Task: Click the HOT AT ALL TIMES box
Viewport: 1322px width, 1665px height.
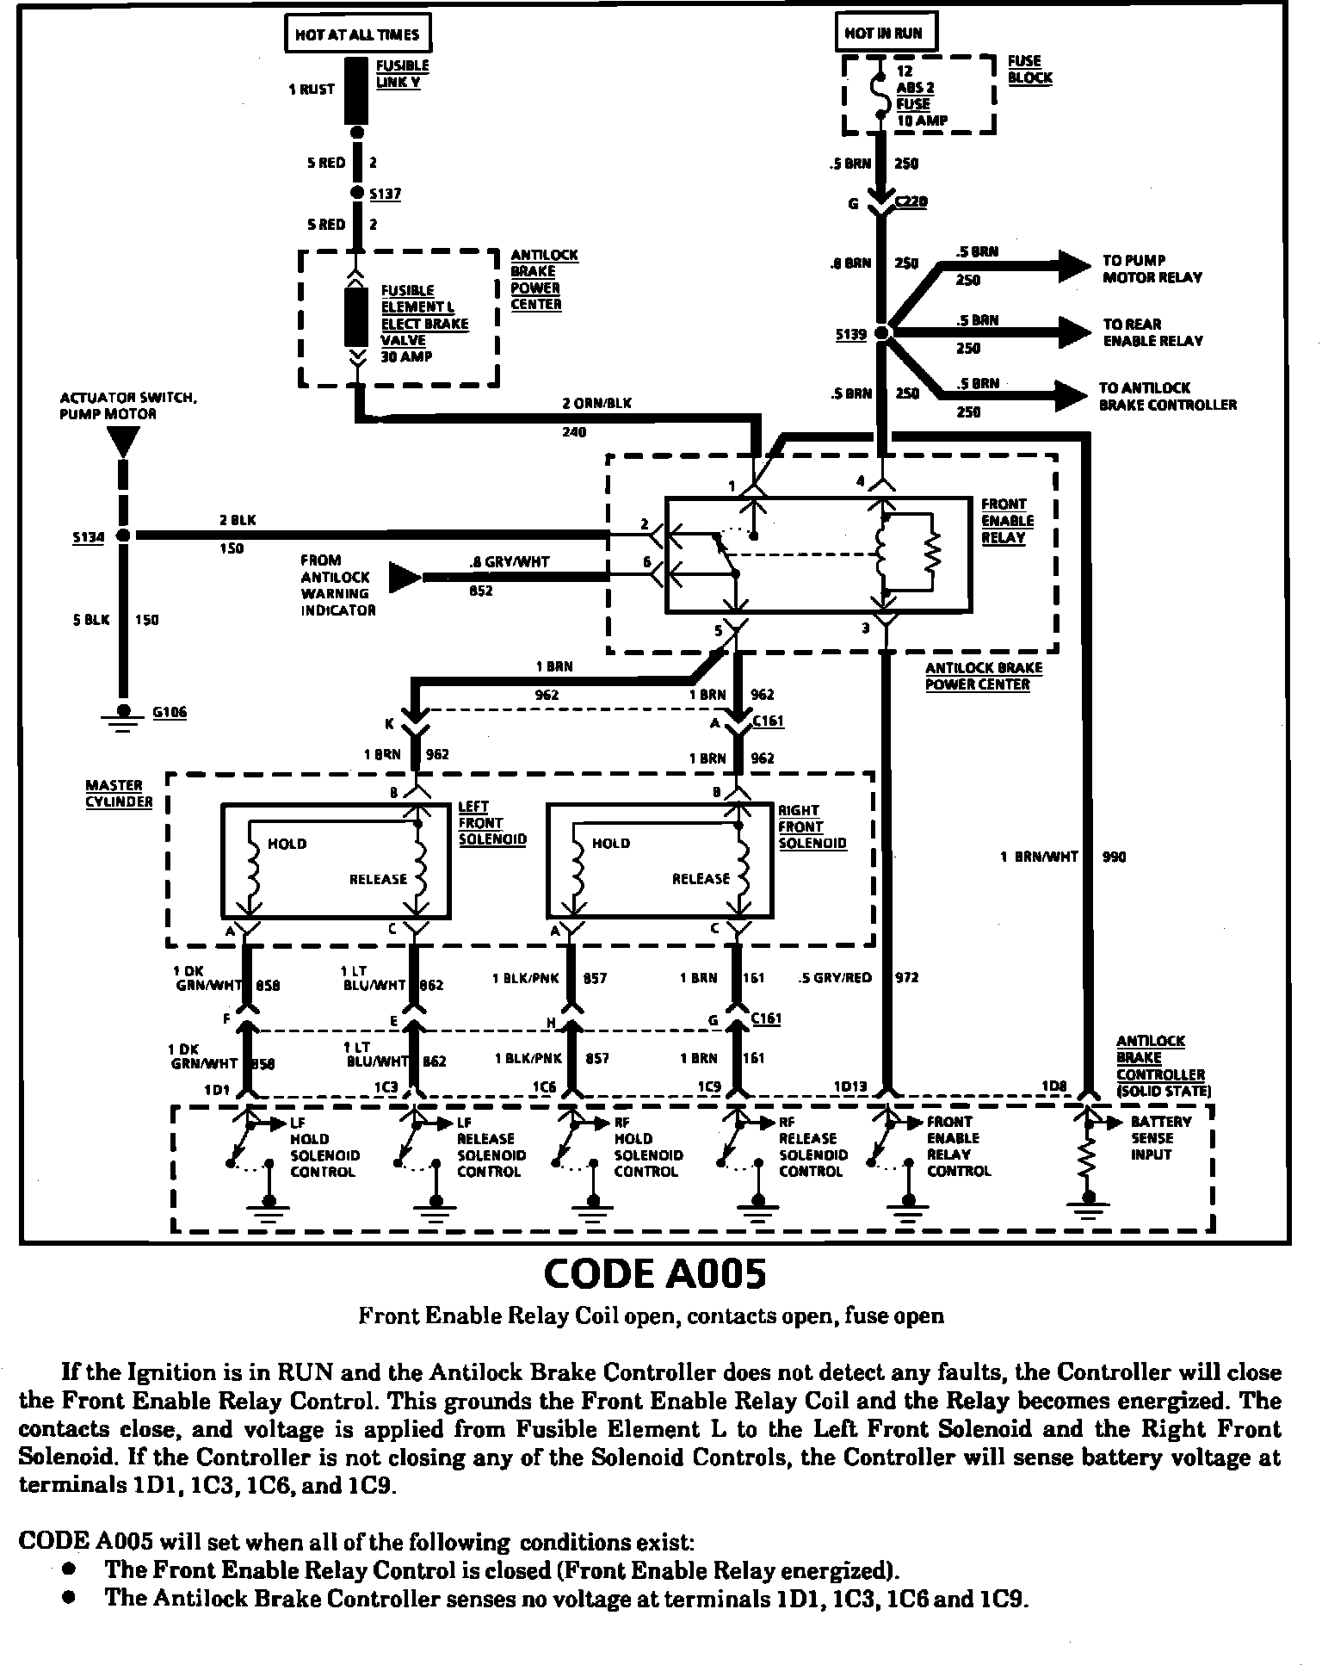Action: pyautogui.click(x=356, y=34)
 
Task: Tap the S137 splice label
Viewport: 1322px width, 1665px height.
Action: pyautogui.click(x=385, y=195)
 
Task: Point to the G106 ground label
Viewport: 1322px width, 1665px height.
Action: pyautogui.click(x=169, y=712)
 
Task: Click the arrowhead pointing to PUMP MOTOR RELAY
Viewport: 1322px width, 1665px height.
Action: pyautogui.click(x=1075, y=265)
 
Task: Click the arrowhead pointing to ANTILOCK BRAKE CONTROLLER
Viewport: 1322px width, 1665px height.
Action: pyautogui.click(x=1073, y=396)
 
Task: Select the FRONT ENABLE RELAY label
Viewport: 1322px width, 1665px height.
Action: pyautogui.click(x=1007, y=521)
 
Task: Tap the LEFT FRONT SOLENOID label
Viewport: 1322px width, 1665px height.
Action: pyautogui.click(x=491, y=823)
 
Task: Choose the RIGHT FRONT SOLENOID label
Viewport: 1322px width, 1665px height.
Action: pyautogui.click(x=812, y=826)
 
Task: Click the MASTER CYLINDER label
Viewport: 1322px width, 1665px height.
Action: pyautogui.click(x=119, y=794)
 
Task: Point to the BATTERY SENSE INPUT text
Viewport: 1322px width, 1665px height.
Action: pyautogui.click(x=1160, y=1137)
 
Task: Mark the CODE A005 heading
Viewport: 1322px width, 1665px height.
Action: pyautogui.click(x=655, y=1274)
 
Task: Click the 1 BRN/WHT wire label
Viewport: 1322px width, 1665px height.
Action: pyautogui.click(x=1039, y=857)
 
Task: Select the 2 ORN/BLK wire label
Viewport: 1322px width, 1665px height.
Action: pyautogui.click(x=596, y=403)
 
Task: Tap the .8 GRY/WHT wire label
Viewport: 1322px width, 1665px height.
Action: pyautogui.click(x=510, y=562)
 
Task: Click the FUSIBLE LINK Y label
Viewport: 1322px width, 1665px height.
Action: pyautogui.click(x=402, y=74)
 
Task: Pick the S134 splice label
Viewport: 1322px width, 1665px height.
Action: pyautogui.click(x=88, y=537)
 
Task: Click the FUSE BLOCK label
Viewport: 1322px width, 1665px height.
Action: pyautogui.click(x=1029, y=69)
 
